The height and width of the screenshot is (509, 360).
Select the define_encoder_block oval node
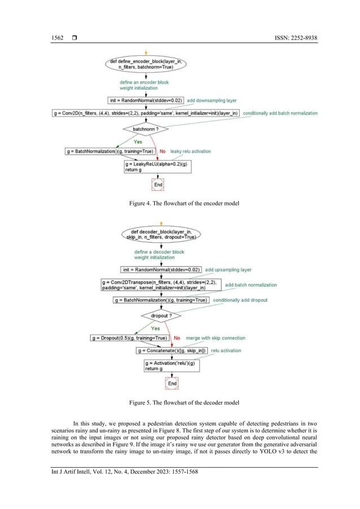[x=146, y=64]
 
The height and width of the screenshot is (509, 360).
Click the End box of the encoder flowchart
[x=159, y=184]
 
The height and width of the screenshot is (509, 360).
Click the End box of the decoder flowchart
[x=173, y=383]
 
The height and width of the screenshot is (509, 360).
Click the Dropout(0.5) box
[x=129, y=337]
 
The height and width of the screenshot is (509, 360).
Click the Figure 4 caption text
[x=180, y=203]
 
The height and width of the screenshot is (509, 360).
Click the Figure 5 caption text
[x=180, y=402]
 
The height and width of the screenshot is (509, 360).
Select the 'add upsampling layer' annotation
[x=228, y=270]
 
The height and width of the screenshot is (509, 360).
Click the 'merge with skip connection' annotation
[x=216, y=337]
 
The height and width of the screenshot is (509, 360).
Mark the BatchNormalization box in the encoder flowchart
[x=110, y=151]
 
